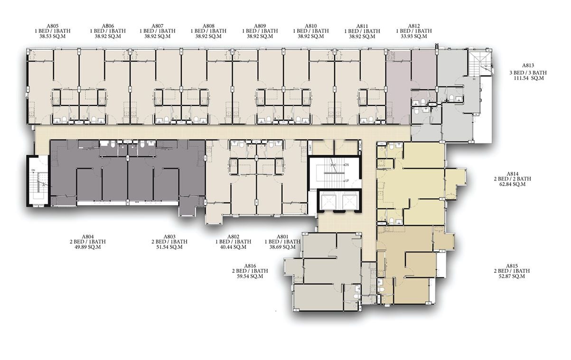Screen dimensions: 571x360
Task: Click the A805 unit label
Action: tap(53, 26)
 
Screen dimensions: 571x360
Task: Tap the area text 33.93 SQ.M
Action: tap(414, 36)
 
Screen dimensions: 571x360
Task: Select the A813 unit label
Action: tap(528, 66)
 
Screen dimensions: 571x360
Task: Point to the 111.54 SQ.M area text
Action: tap(529, 78)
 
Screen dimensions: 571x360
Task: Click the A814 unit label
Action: tap(512, 174)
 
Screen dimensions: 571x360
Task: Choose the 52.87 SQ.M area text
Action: tap(512, 276)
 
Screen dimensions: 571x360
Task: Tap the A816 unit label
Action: tap(250, 266)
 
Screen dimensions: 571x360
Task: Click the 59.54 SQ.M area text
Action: tap(250, 276)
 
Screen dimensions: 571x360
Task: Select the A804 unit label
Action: tap(88, 237)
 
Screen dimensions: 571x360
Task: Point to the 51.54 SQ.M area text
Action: tap(169, 247)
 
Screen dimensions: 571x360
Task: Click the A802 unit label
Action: tap(233, 237)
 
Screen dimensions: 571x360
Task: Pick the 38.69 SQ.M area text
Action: tap(282, 247)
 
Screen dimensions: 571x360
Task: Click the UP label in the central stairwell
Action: tap(347, 181)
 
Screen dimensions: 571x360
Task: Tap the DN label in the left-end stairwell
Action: tap(33, 170)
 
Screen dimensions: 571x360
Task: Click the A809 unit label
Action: tap(260, 26)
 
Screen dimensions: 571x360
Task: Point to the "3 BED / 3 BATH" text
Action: tap(528, 73)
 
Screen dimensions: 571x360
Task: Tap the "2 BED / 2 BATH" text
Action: tap(512, 179)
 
